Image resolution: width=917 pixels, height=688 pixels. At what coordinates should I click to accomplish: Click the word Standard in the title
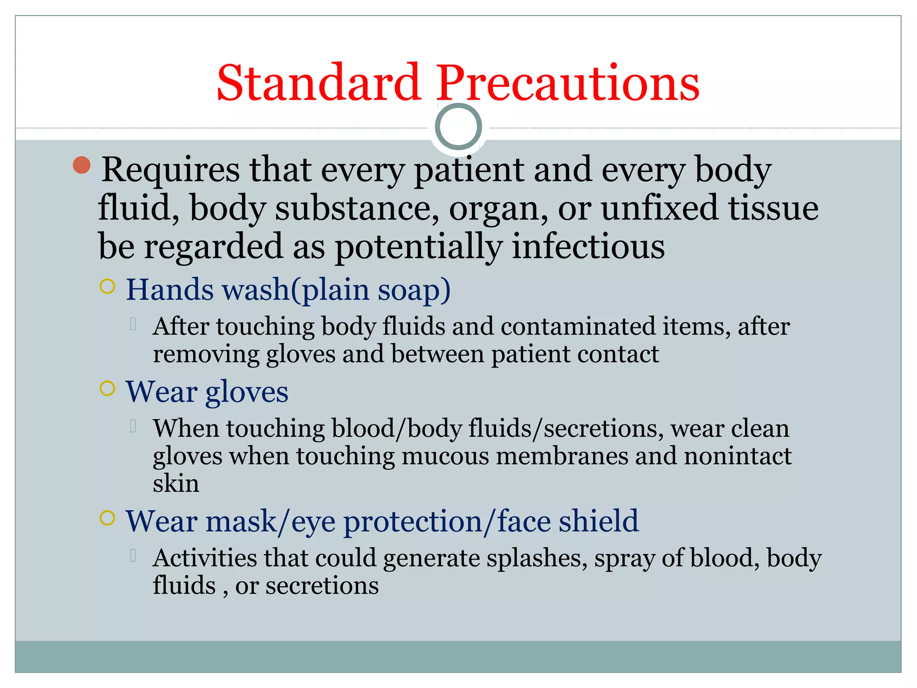[x=318, y=83]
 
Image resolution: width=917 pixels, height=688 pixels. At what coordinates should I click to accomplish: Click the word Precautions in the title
[x=567, y=83]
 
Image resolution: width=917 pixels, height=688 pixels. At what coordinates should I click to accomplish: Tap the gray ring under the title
[x=458, y=127]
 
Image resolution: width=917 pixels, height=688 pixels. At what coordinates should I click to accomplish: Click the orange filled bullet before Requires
[x=81, y=165]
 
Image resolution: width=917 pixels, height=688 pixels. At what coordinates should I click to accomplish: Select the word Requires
[x=171, y=170]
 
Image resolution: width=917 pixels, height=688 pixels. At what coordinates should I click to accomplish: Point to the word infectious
[x=588, y=247]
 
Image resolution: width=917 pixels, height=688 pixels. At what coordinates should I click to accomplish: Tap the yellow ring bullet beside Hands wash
[x=107, y=286]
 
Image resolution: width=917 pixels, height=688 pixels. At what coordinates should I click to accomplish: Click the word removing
[x=206, y=354]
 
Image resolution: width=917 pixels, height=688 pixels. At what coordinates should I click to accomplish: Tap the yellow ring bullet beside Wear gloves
[x=107, y=388]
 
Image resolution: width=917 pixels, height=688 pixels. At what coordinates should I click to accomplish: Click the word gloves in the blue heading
[x=247, y=392]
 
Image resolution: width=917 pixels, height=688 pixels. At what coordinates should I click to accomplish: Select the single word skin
[x=176, y=484]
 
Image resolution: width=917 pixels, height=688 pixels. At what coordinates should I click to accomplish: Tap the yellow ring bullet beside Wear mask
[x=107, y=518]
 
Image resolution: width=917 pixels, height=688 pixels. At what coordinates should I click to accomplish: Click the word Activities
[x=204, y=559]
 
